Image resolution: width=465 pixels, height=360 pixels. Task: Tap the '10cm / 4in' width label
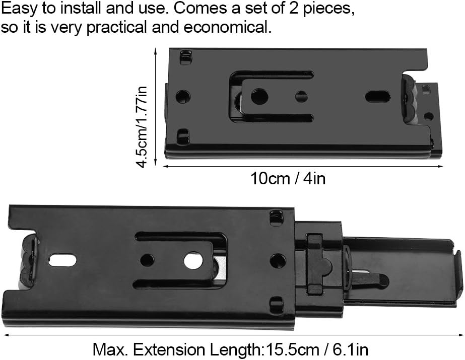pyautogui.click(x=288, y=179)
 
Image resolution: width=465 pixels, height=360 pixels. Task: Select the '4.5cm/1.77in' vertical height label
pyautogui.click(x=142, y=127)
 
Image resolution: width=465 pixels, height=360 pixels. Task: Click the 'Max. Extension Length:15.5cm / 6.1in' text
pyautogui.click(x=230, y=349)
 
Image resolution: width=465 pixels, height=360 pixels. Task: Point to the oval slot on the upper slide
pyautogui.click(x=377, y=97)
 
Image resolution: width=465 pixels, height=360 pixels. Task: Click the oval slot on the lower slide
pyautogui.click(x=63, y=260)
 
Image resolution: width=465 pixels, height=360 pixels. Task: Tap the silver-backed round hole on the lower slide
pyautogui.click(x=193, y=261)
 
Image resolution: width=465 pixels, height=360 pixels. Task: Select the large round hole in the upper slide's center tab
pyautogui.click(x=259, y=96)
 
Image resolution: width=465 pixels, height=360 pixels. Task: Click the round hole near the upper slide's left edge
pyautogui.click(x=183, y=97)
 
